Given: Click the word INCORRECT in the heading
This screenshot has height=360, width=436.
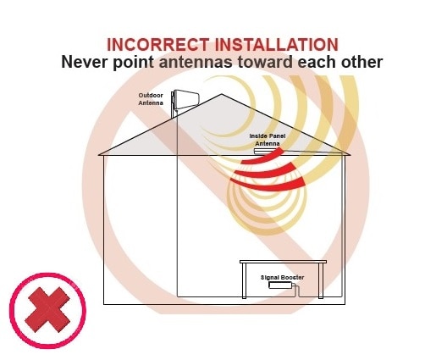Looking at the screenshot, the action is (158, 45).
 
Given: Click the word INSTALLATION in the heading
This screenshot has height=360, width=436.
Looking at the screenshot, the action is (277, 45).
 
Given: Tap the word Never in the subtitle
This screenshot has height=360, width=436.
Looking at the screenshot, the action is (84, 62).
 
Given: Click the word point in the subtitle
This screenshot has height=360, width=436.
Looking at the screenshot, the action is (133, 63).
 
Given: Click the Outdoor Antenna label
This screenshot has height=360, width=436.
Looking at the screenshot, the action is (151, 99).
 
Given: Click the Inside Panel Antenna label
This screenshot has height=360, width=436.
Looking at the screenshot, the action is (268, 140).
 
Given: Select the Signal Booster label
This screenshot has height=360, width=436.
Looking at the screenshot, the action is (282, 277).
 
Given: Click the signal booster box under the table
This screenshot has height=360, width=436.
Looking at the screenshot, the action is (280, 285).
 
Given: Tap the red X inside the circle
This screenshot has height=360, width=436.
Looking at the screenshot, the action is (47, 310).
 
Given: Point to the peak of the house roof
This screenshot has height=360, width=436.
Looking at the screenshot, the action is (222, 94).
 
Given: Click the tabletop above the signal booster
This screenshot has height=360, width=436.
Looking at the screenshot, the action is (283, 262).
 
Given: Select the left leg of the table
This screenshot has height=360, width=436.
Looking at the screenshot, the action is (244, 280).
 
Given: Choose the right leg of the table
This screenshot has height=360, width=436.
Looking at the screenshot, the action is (321, 280).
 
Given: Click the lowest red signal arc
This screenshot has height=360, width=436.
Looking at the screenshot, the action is (268, 187).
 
